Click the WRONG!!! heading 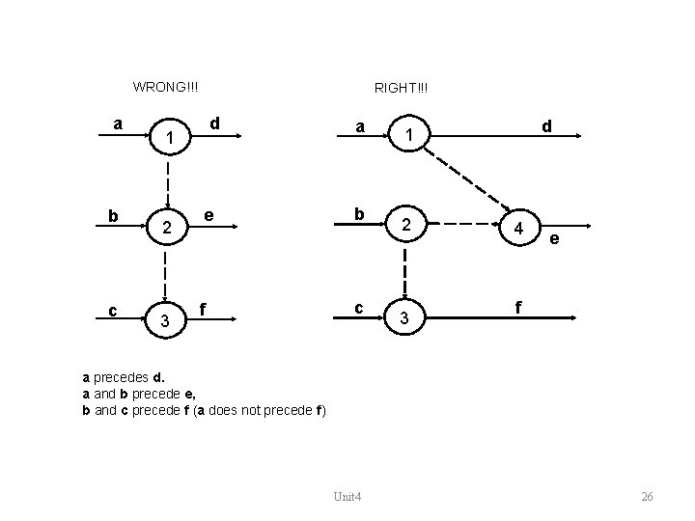pos(166,87)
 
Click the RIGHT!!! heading pos(402,88)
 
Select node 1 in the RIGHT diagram pos(410,138)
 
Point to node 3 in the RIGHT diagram pos(405,318)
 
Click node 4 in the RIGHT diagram pos(519,231)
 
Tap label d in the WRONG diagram pos(216,123)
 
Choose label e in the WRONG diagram pos(209,214)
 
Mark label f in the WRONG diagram pos(203,309)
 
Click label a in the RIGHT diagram pos(359,125)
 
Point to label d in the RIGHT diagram pos(546,125)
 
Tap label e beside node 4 pos(555,240)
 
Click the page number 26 pos(647,496)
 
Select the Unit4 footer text pos(347,496)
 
